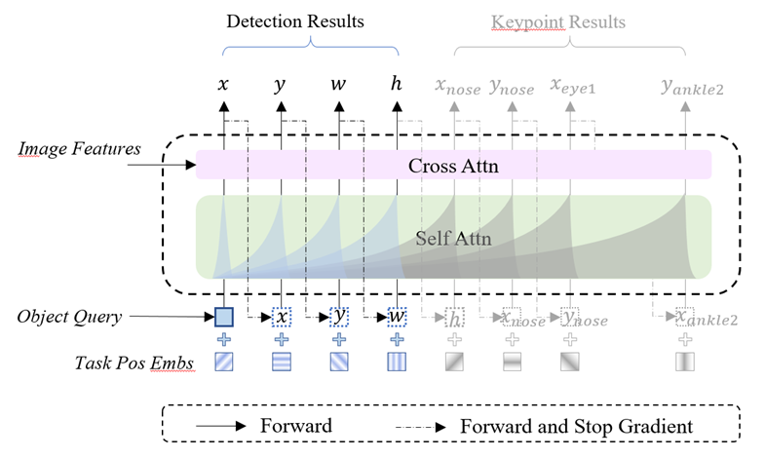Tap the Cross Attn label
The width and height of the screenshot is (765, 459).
click(453, 166)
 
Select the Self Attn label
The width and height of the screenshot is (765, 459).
click(453, 238)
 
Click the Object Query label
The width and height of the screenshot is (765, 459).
click(69, 316)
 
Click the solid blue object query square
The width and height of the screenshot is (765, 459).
click(224, 316)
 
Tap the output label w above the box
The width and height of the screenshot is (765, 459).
click(338, 85)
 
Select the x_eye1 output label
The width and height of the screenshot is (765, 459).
click(573, 86)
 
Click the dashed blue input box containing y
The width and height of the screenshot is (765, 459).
click(338, 316)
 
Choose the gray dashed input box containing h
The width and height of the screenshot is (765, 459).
click(454, 317)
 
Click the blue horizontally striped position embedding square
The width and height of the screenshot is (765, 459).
click(281, 362)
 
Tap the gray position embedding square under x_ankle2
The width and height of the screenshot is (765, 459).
click(686, 362)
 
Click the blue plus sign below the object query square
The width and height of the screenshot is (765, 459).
click(224, 339)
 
